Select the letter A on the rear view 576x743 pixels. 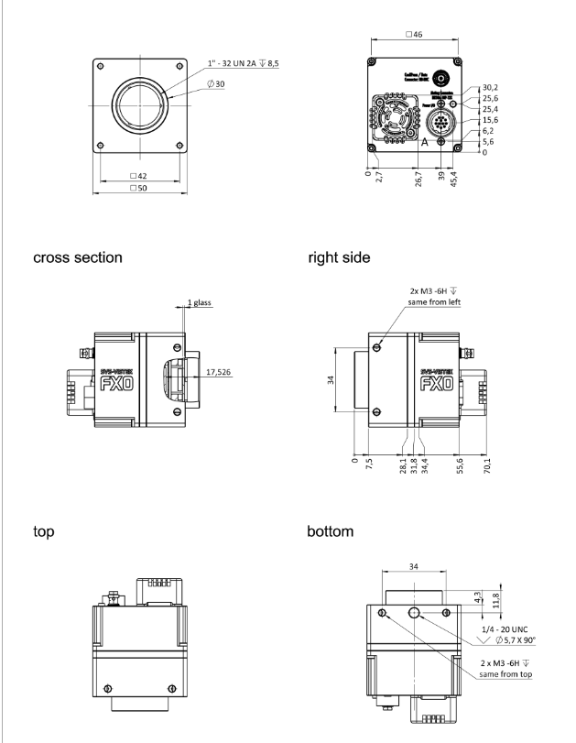pyautogui.click(x=423, y=144)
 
